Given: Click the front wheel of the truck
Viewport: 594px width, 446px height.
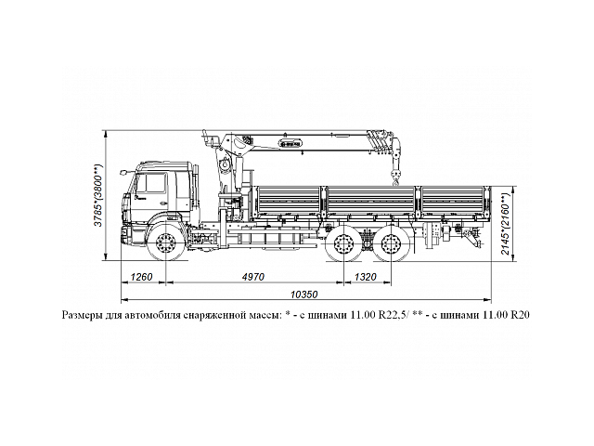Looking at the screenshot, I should pos(167,246).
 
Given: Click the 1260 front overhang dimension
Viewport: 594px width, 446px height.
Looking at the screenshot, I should pos(141,277).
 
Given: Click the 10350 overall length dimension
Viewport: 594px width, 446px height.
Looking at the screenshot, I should pos(303,295).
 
